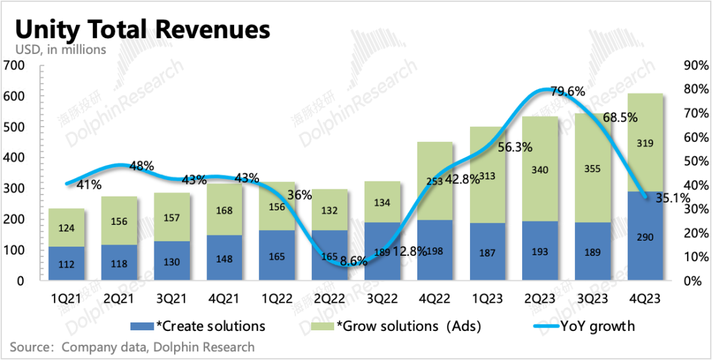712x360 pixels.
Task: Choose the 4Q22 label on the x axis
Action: pyautogui.click(x=434, y=299)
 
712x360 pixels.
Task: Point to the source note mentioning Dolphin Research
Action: pyautogui.click(x=132, y=347)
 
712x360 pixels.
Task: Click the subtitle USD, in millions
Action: pyautogui.click(x=60, y=50)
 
